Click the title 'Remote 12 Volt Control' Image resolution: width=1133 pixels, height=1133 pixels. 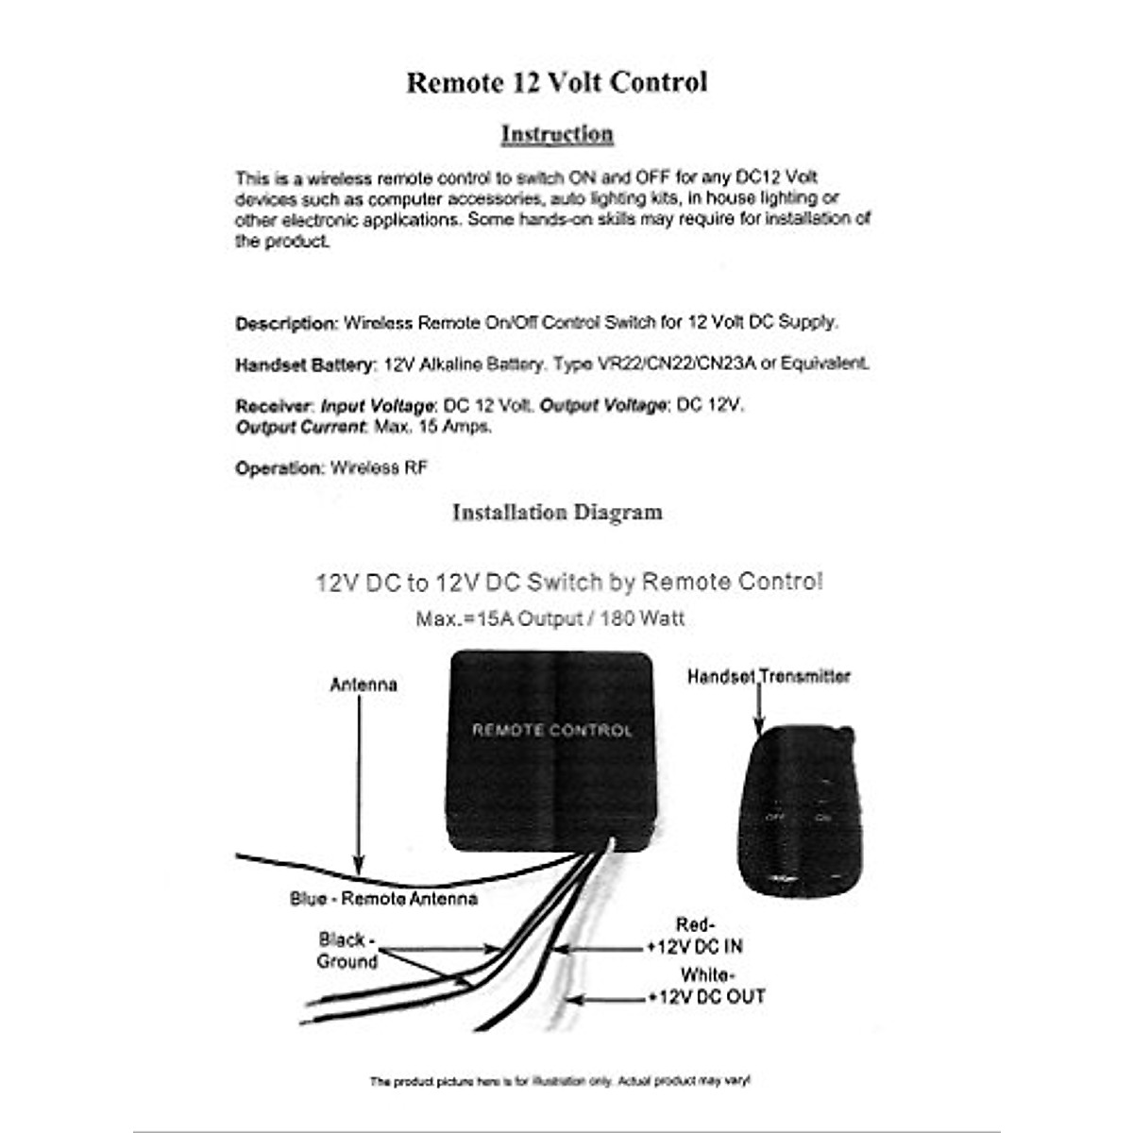tap(556, 83)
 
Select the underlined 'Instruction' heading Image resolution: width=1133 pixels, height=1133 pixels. tap(556, 134)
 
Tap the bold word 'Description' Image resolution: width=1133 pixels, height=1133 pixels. tap(285, 324)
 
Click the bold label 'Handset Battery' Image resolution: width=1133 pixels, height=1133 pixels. tap(305, 364)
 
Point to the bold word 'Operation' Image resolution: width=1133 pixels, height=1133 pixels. tap(279, 468)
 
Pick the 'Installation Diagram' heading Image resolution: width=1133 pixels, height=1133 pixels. tap(557, 513)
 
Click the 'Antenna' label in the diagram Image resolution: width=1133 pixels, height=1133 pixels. tap(364, 685)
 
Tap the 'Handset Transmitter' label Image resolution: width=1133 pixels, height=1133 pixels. tap(769, 676)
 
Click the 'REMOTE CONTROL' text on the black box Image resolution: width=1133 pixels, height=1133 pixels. tap(552, 730)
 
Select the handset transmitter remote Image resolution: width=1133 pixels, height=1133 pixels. tap(801, 812)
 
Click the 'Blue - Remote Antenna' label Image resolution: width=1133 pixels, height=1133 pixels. tap(383, 899)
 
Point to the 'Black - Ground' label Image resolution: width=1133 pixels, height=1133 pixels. tap(347, 951)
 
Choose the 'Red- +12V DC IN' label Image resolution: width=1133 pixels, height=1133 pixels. tap(696, 936)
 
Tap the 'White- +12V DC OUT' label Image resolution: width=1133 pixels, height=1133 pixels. tap(707, 986)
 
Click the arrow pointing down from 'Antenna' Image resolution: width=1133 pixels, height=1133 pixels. tap(359, 784)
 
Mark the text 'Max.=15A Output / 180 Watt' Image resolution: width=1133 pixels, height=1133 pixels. tap(550, 619)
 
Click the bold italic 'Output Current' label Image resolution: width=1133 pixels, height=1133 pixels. tap(299, 427)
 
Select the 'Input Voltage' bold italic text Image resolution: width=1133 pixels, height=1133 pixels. tap(377, 406)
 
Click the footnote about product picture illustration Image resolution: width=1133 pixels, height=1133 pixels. tap(560, 1081)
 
